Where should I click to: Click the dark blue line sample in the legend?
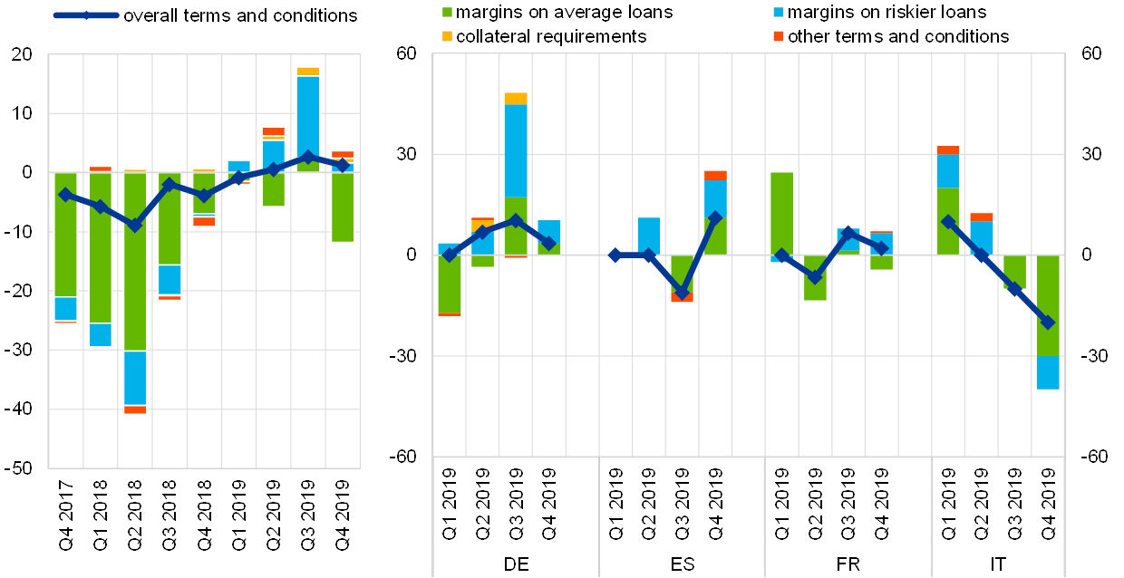click(x=86, y=15)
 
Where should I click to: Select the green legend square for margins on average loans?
click(x=447, y=13)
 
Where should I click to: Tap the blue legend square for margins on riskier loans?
click(x=779, y=13)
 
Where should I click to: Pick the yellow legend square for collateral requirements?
click(x=447, y=36)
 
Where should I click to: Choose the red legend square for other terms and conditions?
click(x=779, y=36)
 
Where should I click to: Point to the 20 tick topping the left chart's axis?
click(x=22, y=54)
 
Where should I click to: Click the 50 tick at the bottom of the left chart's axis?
click(x=22, y=467)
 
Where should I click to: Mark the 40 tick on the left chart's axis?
click(x=22, y=409)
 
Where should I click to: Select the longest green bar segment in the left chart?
click(x=135, y=261)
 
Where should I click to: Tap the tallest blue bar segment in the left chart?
click(x=308, y=118)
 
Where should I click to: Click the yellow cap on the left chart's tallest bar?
click(x=308, y=72)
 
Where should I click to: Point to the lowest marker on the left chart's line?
click(x=135, y=226)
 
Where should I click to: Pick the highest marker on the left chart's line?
click(x=308, y=157)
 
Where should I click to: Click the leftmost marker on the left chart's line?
click(x=65, y=194)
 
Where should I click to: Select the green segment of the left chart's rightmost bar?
click(x=342, y=207)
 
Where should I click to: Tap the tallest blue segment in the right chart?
click(x=516, y=150)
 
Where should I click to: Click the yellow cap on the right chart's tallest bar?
click(x=516, y=98)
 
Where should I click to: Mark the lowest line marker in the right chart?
click(x=1047, y=323)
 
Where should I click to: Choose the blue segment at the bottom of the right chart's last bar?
click(x=1048, y=372)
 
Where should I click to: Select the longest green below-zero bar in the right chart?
click(x=1048, y=305)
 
